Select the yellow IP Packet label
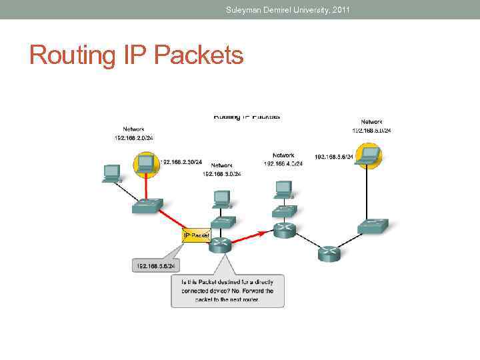(x=196, y=235)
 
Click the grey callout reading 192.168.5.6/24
(x=156, y=265)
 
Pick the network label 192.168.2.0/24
(x=133, y=138)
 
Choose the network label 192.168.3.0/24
(x=222, y=174)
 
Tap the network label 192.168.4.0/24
(x=283, y=163)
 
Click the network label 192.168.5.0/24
(x=372, y=131)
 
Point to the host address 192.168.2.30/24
(x=181, y=161)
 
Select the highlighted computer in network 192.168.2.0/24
(x=145, y=164)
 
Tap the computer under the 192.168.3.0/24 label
(x=222, y=199)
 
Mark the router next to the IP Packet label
(x=220, y=244)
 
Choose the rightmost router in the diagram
(x=329, y=253)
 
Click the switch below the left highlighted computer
(x=146, y=206)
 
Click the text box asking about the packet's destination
(x=227, y=291)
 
